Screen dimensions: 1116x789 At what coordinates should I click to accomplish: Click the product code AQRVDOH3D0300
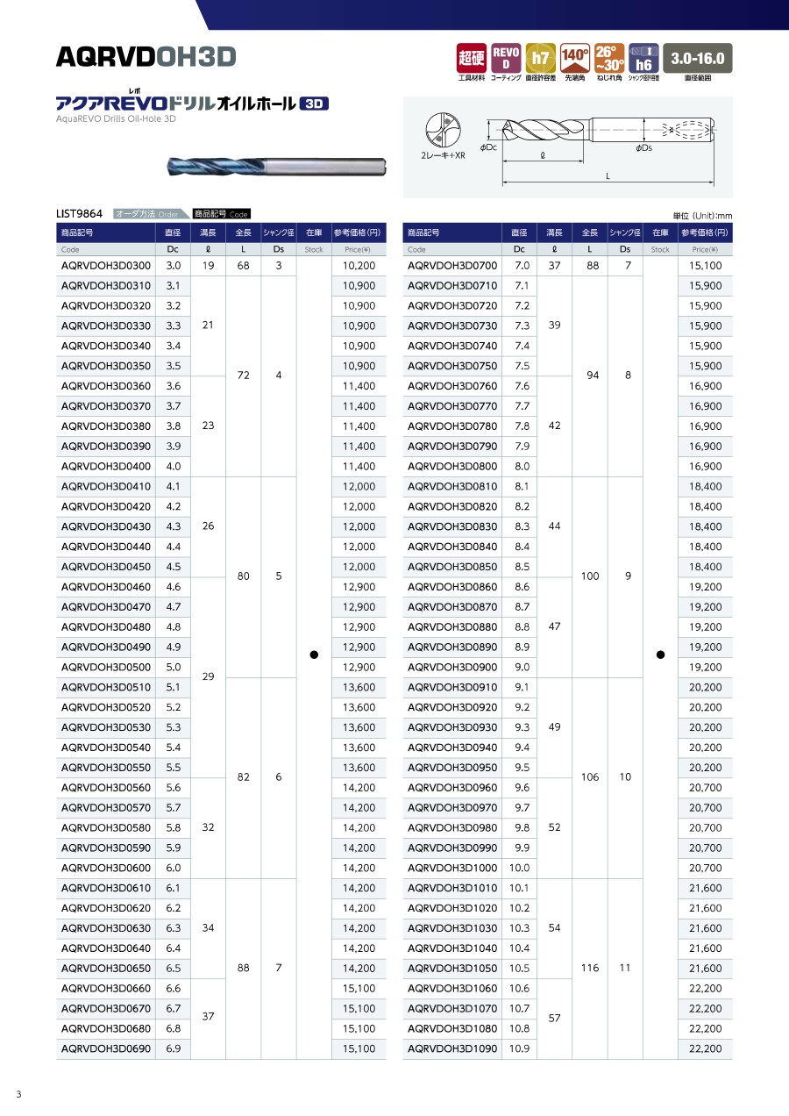coord(105,265)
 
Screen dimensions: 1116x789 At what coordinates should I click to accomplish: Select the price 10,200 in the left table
coord(359,265)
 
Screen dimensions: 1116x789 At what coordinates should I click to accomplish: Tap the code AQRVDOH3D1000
coord(452,868)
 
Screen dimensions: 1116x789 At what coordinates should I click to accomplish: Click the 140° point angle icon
coord(574,58)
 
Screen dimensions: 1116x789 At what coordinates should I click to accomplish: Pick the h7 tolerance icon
coord(540,58)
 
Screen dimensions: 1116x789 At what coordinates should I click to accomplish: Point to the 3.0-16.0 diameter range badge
coord(697,58)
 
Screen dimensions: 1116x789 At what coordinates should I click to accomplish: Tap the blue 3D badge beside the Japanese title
coord(313,104)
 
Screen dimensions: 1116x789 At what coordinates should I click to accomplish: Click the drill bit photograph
coord(277,164)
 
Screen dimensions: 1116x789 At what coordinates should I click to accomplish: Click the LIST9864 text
coord(79,213)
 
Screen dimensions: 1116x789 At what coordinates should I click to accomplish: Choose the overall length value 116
coord(590,968)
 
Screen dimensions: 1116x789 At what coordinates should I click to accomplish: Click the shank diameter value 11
coord(625,968)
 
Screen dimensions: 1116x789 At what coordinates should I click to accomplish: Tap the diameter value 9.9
coord(522,848)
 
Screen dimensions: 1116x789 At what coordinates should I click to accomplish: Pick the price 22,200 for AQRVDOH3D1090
coord(705,1048)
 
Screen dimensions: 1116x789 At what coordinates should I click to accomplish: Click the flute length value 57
coord(555,1018)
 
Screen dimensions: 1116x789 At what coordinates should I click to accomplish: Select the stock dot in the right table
coord(660,655)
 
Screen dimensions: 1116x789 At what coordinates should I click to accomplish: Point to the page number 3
coord(18,1093)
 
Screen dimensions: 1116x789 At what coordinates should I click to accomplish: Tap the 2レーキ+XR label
coord(443,155)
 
